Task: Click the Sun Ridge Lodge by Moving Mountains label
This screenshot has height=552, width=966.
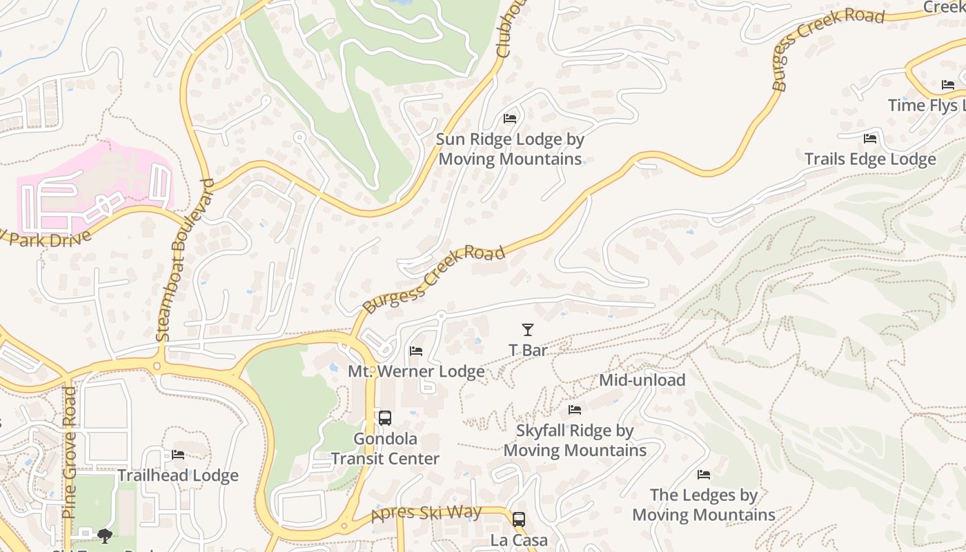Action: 511,149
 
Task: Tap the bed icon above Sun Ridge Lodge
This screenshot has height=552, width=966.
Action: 510,119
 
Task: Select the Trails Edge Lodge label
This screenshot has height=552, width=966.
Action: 870,159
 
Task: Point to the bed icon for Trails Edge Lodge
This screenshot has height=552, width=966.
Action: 870,139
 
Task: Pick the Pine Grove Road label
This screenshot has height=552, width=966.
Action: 69,452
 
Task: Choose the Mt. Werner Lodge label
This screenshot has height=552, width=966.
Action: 416,372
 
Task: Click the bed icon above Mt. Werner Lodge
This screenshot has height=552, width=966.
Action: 416,351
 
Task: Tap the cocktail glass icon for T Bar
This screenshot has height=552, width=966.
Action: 528,330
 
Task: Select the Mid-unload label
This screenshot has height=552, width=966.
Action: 642,380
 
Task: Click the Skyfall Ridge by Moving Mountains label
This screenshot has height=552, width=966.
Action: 575,441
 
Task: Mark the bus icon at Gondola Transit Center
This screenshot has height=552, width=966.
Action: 385,418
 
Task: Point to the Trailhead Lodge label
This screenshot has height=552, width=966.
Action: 178,475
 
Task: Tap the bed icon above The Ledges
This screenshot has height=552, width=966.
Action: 704,475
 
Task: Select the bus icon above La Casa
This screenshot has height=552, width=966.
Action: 519,520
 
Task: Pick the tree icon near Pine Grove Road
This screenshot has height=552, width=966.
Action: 105,535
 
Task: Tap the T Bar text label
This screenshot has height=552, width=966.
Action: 528,351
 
